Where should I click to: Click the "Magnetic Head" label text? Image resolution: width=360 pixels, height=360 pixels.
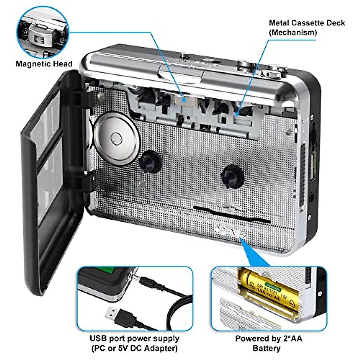point(44,64)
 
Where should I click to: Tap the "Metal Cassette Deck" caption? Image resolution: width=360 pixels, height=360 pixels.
point(307,23)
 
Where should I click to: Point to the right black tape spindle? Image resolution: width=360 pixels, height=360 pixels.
point(231,176)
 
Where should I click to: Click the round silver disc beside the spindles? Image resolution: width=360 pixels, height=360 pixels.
point(116,138)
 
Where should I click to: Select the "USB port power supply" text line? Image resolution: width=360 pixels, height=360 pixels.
point(134,339)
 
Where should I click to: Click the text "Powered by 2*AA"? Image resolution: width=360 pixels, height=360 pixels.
point(268,339)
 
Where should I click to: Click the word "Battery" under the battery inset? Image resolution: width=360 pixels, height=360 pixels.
point(266,348)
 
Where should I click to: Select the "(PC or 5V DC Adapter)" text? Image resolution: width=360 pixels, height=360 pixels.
point(134,348)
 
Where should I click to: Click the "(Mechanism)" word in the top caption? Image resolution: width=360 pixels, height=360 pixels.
point(292,32)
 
